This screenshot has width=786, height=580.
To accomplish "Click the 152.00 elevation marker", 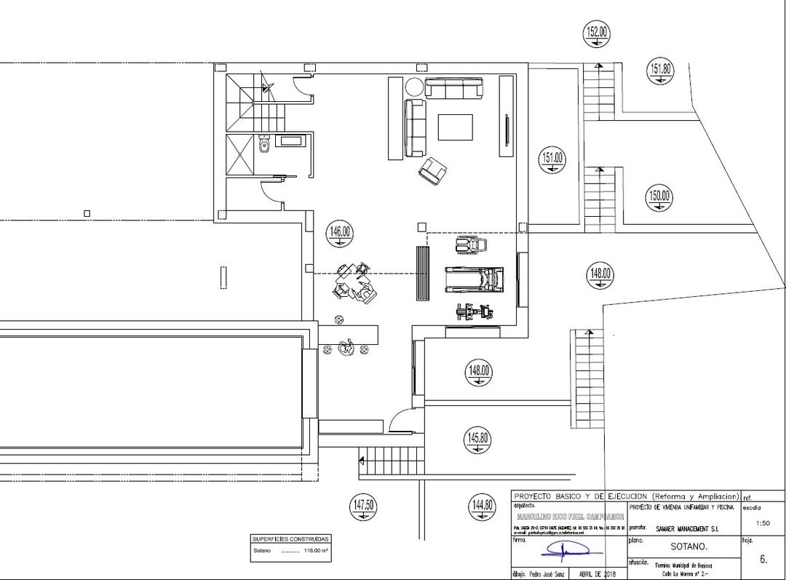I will (x=597, y=33).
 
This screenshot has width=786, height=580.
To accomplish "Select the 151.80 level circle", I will (x=660, y=71).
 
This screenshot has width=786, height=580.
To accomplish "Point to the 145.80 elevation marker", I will (x=478, y=440).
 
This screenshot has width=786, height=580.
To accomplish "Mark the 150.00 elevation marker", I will (x=659, y=197).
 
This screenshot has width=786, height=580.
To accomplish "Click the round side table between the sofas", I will (x=413, y=87).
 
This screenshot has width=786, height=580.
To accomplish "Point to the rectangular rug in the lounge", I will (x=455, y=127).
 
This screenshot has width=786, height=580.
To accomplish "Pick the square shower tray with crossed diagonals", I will (x=239, y=154).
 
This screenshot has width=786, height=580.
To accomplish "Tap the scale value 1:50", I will (x=763, y=523).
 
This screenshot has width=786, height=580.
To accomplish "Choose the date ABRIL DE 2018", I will (x=596, y=573).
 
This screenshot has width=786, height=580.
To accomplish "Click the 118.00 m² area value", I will (x=316, y=551).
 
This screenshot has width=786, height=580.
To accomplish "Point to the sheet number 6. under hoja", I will (x=763, y=560).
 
